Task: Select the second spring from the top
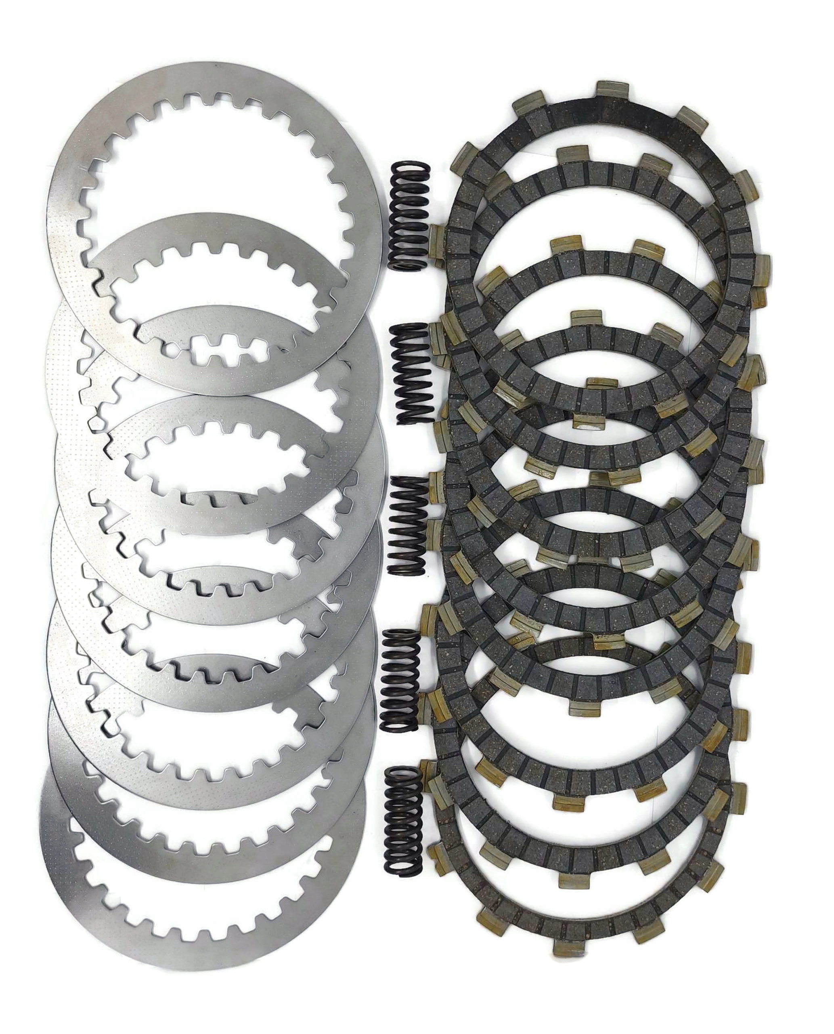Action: coord(411,372)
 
